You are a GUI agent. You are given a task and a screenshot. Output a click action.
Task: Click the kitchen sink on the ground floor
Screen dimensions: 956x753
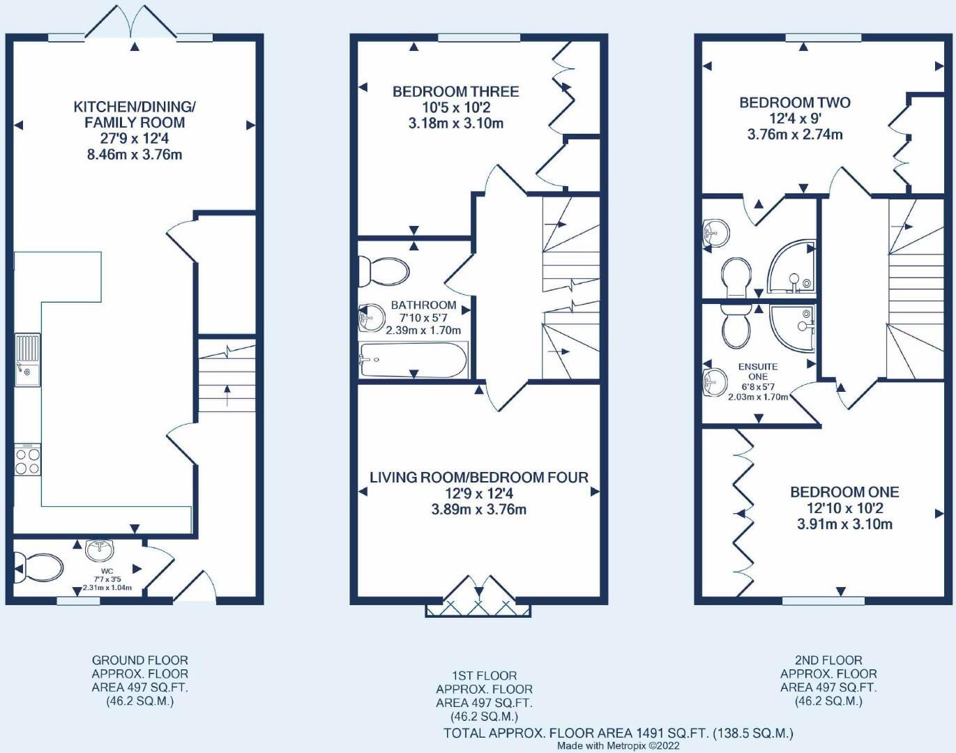point(27,360)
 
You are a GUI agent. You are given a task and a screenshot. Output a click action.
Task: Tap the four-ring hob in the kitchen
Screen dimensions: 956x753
point(27,459)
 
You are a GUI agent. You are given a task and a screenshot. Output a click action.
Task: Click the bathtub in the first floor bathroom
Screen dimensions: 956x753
point(413,360)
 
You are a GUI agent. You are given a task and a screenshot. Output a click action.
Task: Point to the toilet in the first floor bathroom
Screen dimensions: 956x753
point(384,271)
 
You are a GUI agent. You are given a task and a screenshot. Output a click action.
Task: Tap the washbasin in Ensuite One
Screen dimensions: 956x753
point(715,382)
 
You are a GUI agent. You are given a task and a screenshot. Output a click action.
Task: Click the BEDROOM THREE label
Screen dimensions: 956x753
point(456,92)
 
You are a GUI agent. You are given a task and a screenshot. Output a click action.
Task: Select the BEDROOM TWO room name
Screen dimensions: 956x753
point(795,102)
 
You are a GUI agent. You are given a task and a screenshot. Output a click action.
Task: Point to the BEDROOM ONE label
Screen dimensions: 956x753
point(844,492)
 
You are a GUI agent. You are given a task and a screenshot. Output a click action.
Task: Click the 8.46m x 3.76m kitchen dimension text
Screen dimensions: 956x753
point(135,155)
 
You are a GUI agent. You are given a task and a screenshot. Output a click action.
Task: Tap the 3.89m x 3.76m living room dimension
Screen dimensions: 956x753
point(479,509)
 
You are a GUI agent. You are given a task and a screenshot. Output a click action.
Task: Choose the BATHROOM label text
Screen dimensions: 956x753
point(423,305)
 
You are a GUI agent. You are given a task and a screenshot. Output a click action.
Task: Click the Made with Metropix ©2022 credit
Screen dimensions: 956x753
point(619,746)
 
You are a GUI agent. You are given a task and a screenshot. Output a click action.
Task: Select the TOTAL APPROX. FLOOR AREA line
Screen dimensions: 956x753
point(619,733)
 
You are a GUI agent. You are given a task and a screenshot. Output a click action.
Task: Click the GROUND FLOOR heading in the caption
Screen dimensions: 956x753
point(140,660)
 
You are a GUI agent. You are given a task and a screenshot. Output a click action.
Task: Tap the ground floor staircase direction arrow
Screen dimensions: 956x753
point(227,396)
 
